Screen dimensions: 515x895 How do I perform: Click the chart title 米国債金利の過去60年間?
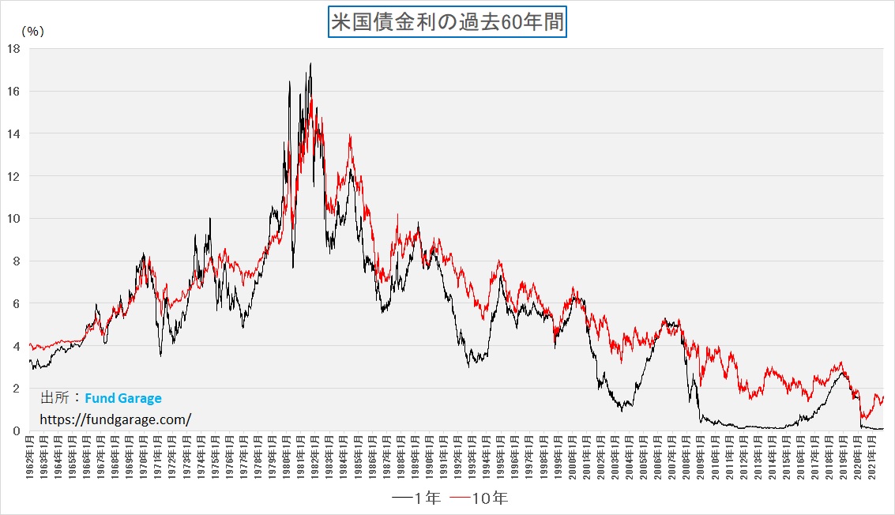pyautogui.click(x=447, y=21)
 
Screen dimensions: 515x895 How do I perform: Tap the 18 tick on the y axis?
pyautogui.click(x=13, y=49)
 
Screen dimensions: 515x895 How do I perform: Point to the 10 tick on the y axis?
pyautogui.click(x=13, y=219)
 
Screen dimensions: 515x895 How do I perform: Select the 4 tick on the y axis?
pyautogui.click(x=17, y=346)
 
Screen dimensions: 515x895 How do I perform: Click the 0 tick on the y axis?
pyautogui.click(x=17, y=431)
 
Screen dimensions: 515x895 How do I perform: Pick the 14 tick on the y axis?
pyautogui.click(x=13, y=133)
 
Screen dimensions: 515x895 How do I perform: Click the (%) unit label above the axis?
pyautogui.click(x=32, y=32)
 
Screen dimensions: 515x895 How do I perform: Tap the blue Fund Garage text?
pyautogui.click(x=122, y=399)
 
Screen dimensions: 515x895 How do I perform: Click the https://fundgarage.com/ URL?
pyautogui.click(x=115, y=419)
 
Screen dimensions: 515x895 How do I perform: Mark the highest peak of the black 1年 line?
pyautogui.click(x=310, y=64)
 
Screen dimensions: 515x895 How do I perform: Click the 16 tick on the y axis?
pyautogui.click(x=13, y=92)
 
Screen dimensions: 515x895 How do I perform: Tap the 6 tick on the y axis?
pyautogui.click(x=17, y=303)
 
